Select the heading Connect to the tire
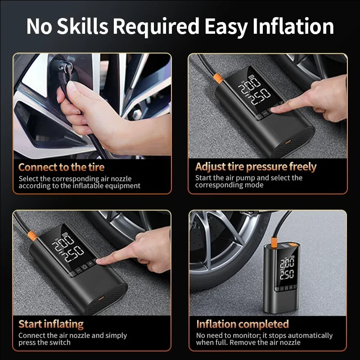tap(61, 167)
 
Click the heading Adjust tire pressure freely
tap(256, 166)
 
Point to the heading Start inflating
tap(51, 324)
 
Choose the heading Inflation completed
tap(243, 324)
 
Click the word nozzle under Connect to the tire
tap(121, 179)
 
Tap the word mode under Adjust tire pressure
tap(253, 185)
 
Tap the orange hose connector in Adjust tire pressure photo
tap(218, 78)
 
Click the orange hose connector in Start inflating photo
tap(32, 236)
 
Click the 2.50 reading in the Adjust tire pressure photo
tap(261, 96)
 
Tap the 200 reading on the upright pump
tap(287, 263)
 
